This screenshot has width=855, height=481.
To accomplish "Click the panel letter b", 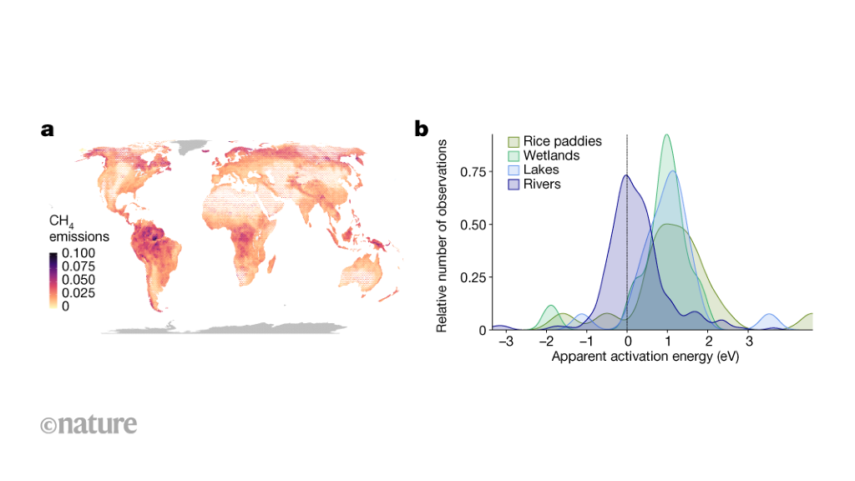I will click(x=422, y=129).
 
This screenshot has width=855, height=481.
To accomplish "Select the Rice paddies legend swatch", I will click(x=514, y=142).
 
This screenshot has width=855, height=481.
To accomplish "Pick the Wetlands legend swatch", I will click(x=514, y=156).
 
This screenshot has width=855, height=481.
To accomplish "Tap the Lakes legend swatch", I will click(x=514, y=170).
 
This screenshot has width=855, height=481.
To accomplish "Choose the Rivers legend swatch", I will click(x=514, y=184).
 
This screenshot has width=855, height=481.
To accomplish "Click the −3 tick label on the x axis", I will click(x=503, y=342).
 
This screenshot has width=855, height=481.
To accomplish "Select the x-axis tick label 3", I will click(x=749, y=342).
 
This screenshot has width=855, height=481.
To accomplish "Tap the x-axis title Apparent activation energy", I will click(x=645, y=356).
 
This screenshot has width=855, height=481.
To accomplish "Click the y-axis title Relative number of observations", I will click(x=443, y=236).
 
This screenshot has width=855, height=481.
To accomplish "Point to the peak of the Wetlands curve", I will click(x=666, y=135).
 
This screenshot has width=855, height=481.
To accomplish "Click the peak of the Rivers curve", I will click(x=626, y=175).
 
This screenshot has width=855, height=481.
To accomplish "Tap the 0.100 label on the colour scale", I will click(x=78, y=253).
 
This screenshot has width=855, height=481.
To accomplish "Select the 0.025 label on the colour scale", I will click(x=78, y=293).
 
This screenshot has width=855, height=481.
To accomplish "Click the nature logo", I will click(x=89, y=424).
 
